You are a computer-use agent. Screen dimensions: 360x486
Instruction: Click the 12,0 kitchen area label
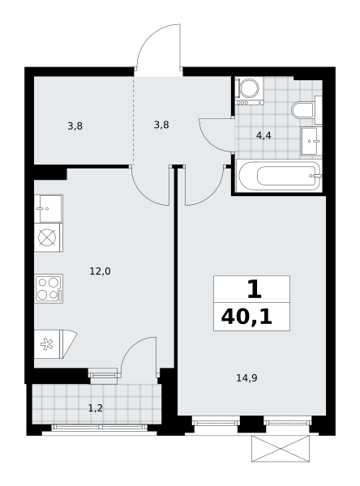pos(100,271)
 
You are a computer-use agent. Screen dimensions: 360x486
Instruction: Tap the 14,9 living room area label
pos(246,377)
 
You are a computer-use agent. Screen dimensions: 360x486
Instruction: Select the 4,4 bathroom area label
pos(264,135)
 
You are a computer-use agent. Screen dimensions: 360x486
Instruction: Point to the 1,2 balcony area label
pos(96,408)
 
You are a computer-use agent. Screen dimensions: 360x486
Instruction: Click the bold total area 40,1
pos(246,317)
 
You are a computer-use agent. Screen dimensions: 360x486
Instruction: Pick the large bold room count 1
pos(254,289)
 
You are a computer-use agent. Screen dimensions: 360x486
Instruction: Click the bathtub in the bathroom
pos(279,176)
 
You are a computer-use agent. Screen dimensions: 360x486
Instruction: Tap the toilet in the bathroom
pos(306,110)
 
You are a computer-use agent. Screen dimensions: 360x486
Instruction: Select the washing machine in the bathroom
pos(249,91)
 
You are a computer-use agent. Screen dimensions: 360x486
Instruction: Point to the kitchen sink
pos(49,209)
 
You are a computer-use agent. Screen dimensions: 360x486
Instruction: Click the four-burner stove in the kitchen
pos(49,288)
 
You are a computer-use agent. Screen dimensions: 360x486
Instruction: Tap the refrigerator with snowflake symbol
pos(55,344)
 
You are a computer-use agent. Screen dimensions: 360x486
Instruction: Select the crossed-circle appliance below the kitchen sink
pos(49,237)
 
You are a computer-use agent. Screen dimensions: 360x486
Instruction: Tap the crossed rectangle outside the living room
pos(281,448)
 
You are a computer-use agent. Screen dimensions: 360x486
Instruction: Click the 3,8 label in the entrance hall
pos(161,125)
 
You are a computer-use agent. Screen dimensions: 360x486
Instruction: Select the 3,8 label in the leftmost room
pos(75,126)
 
